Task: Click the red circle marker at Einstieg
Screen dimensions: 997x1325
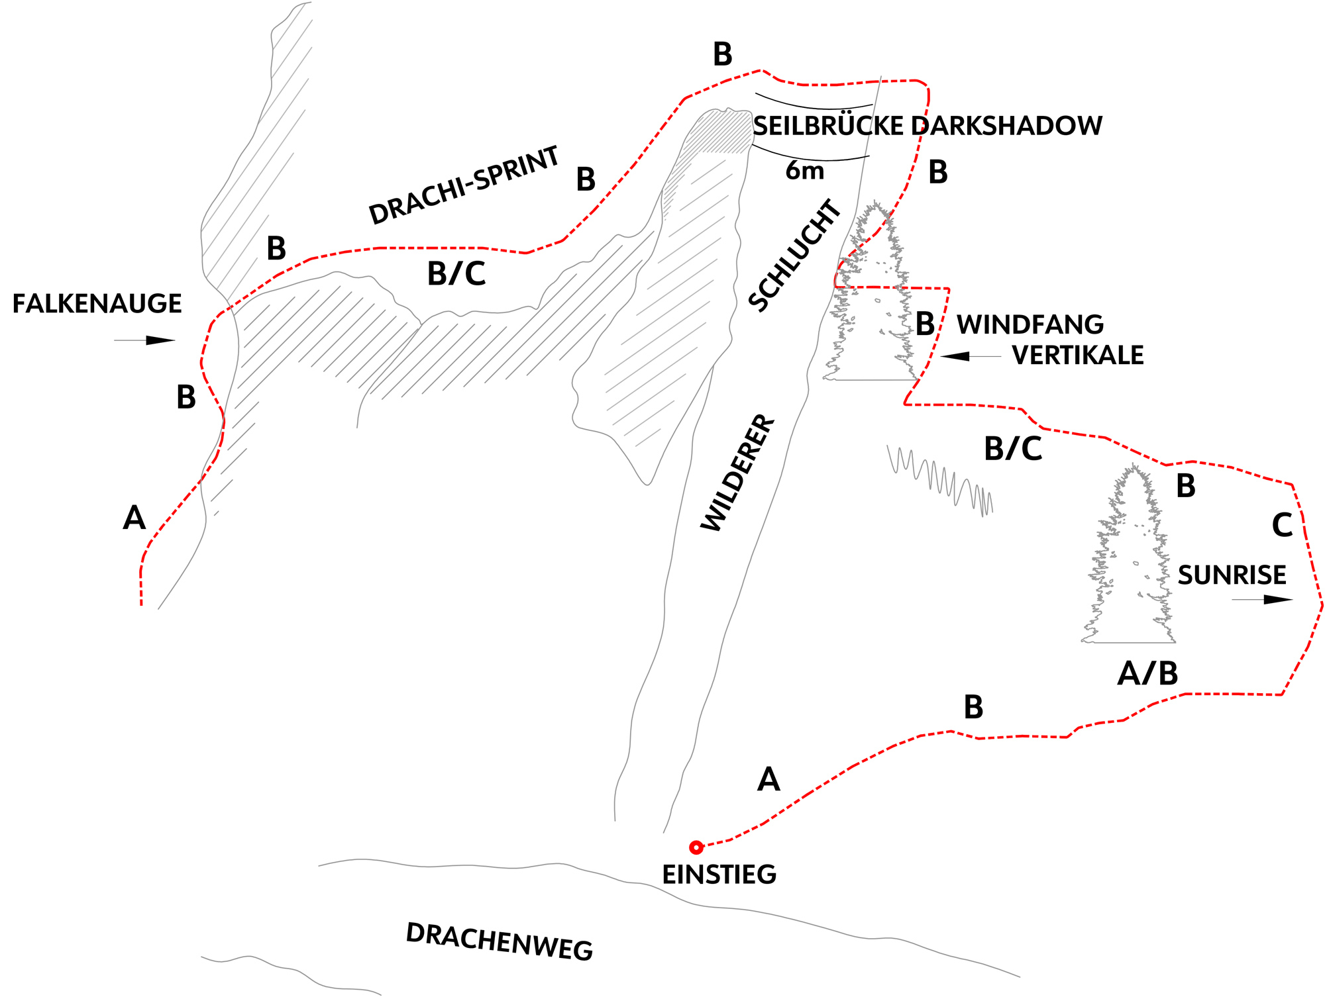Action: [696, 847]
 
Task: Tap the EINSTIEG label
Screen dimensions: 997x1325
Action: [719, 875]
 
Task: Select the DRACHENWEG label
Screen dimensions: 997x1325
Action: [500, 942]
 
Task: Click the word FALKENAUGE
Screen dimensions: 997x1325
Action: [97, 304]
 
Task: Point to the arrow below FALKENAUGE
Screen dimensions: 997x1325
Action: [144, 340]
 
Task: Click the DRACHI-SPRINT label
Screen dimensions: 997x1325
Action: [464, 185]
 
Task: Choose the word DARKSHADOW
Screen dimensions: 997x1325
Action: [1007, 126]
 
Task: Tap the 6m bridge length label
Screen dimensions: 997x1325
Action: [805, 171]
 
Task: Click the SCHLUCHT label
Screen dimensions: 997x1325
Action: [795, 255]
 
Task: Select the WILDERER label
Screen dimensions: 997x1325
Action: [737, 473]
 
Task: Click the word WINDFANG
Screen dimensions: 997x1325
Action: [1030, 325]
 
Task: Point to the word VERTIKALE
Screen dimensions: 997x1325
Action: [1078, 356]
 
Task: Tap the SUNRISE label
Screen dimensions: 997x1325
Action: [1232, 575]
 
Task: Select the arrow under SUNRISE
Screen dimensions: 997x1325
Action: [1262, 600]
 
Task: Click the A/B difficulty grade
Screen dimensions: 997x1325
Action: [1147, 674]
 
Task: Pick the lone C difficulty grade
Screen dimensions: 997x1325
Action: [1283, 526]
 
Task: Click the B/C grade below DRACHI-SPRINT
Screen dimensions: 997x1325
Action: [456, 274]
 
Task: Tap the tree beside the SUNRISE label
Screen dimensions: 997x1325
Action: [1130, 563]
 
